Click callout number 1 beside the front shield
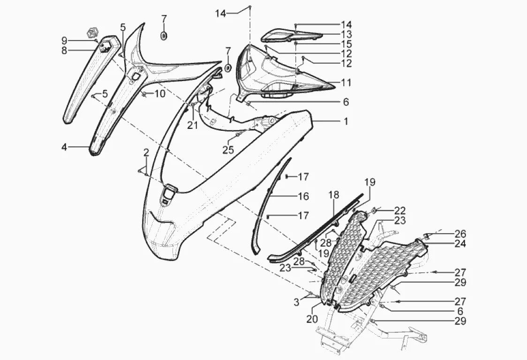pyautogui.click(x=346, y=121)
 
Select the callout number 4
pyautogui.click(x=64, y=147)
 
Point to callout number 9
pyautogui.click(x=64, y=40)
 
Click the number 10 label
pyautogui.click(x=160, y=94)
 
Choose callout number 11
pyautogui.click(x=346, y=83)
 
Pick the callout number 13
pyautogui.click(x=346, y=34)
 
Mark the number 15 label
pyautogui.click(x=346, y=44)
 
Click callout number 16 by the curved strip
pyautogui.click(x=303, y=196)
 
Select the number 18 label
pyautogui.click(x=333, y=195)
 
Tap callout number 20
pyautogui.click(x=312, y=319)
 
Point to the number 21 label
pyautogui.click(x=193, y=125)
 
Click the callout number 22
pyautogui.click(x=400, y=210)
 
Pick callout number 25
pyautogui.click(x=228, y=150)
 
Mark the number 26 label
pyautogui.click(x=460, y=233)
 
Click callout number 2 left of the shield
pyautogui.click(x=146, y=153)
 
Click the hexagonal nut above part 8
pyautogui.click(x=91, y=33)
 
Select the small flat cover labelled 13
pyautogui.click(x=291, y=34)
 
